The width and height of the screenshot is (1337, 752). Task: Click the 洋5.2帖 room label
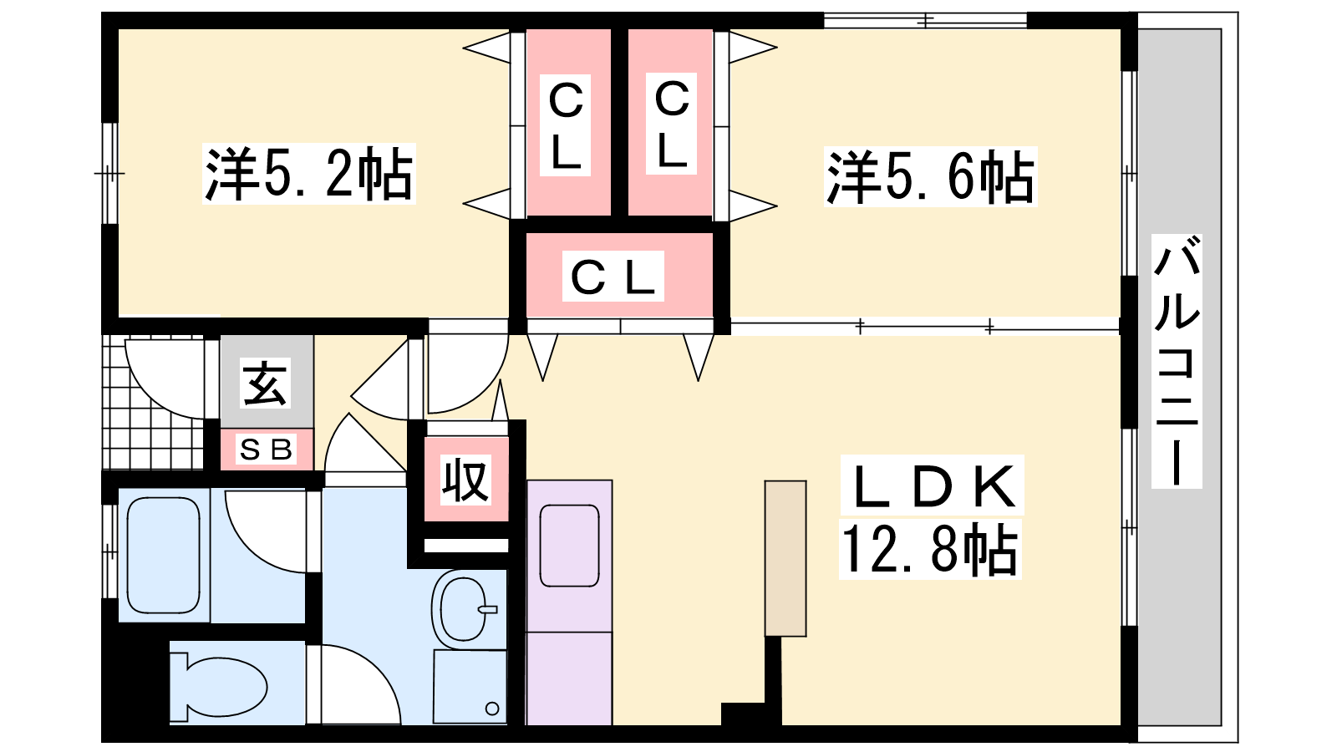click(x=309, y=175)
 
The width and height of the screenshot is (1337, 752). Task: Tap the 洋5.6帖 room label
click(x=930, y=176)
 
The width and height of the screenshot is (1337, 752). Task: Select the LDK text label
click(x=932, y=485)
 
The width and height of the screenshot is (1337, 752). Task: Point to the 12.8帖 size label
click(x=930, y=550)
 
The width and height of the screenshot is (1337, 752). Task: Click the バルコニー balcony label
click(x=1177, y=361)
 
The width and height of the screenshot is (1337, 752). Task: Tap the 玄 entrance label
click(x=265, y=384)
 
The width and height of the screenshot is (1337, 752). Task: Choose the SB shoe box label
click(x=267, y=450)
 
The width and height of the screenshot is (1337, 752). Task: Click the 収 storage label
click(x=465, y=480)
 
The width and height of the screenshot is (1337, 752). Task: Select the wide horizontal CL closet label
click(x=616, y=277)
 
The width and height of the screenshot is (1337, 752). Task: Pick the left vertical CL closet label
click(x=566, y=125)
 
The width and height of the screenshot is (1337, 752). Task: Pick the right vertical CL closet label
click(x=672, y=124)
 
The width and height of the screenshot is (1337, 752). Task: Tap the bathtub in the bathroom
click(x=164, y=555)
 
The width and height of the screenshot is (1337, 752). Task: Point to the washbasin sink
click(x=462, y=607)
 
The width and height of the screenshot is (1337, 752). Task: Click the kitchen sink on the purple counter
click(x=569, y=546)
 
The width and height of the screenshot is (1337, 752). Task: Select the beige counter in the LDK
click(x=785, y=558)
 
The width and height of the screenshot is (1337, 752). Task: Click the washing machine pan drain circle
click(x=492, y=709)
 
